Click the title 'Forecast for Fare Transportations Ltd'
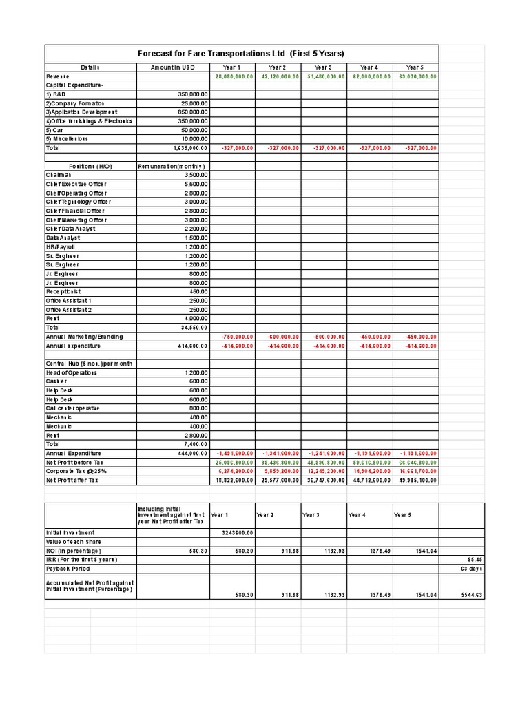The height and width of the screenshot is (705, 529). [x=241, y=54]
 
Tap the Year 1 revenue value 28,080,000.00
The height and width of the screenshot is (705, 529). [x=234, y=76]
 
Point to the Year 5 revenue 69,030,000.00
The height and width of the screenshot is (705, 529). [x=417, y=76]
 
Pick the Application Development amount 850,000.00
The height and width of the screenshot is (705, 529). [x=192, y=112]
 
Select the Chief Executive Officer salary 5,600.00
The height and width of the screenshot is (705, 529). [x=196, y=184]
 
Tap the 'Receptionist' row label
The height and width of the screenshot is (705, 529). [x=63, y=291]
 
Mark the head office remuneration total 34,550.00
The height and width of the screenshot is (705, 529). [x=194, y=328]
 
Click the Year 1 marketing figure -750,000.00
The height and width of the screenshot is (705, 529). [x=237, y=337]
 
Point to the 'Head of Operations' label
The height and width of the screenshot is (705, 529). [x=71, y=372]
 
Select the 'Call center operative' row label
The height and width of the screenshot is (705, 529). [x=73, y=408]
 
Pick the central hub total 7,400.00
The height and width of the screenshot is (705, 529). [x=196, y=444]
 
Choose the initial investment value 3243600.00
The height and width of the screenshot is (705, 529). [x=237, y=532]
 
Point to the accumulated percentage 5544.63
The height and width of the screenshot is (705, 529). [x=471, y=594]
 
